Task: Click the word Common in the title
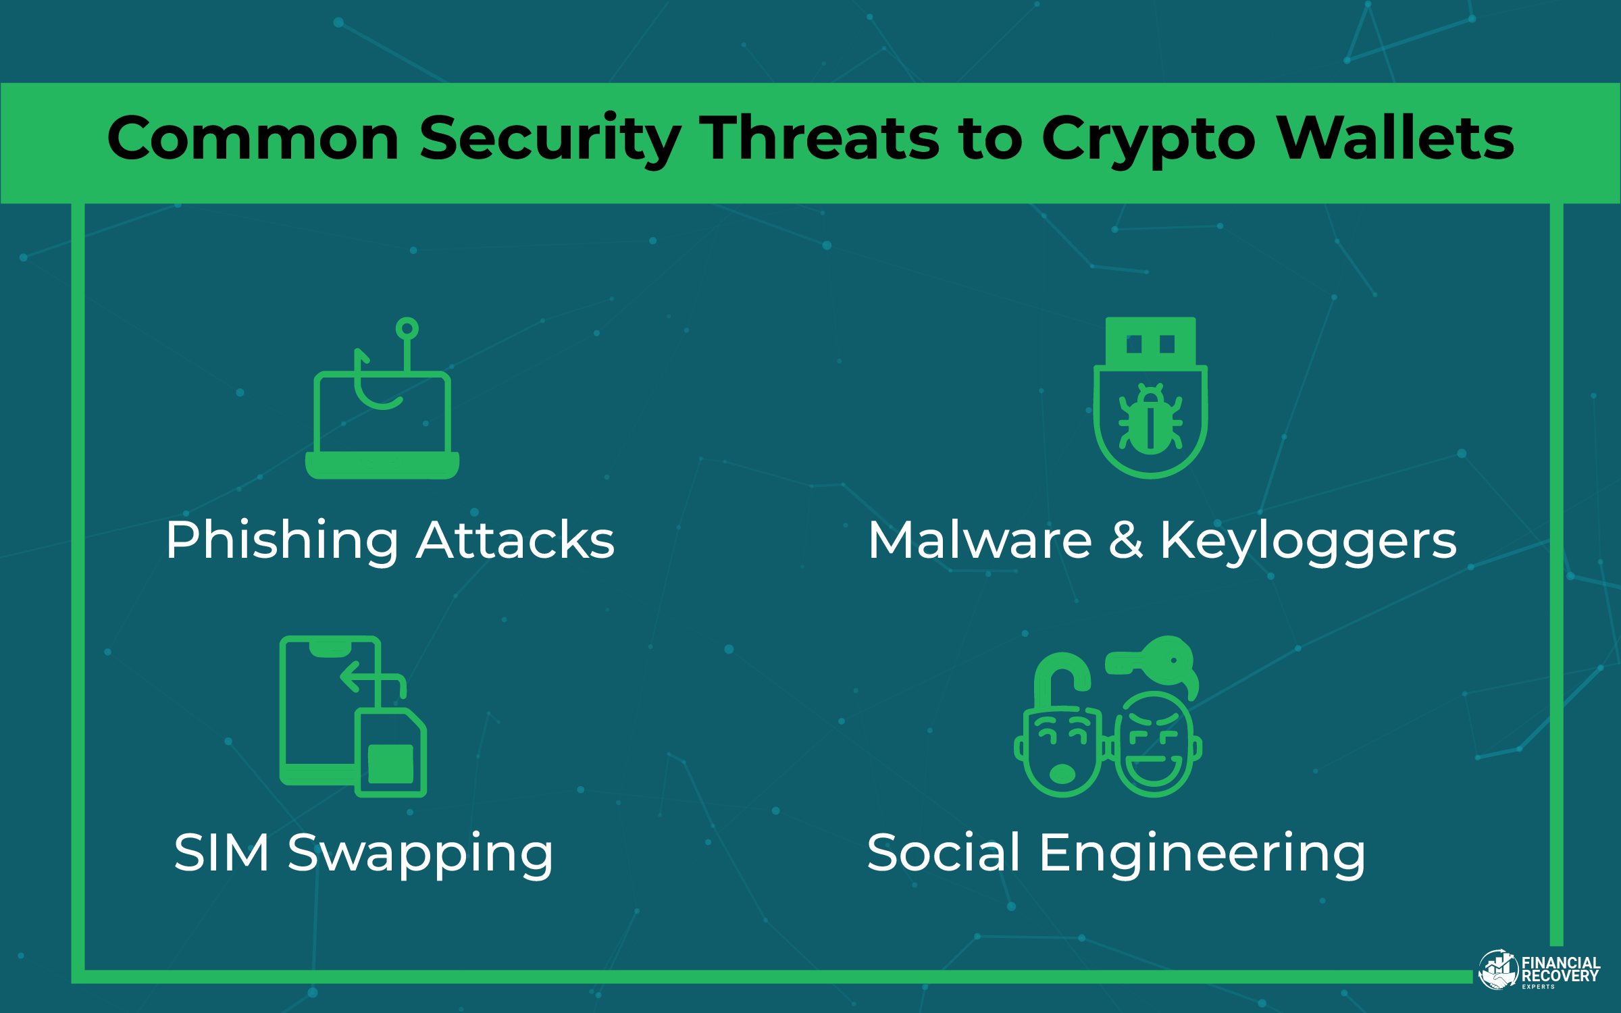click(253, 138)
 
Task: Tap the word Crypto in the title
click(1148, 138)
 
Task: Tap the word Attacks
click(515, 540)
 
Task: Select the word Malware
click(979, 540)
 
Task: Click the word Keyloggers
click(1308, 540)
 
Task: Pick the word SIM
click(222, 852)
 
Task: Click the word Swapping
click(420, 852)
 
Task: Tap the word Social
click(943, 852)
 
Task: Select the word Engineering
click(1202, 852)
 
